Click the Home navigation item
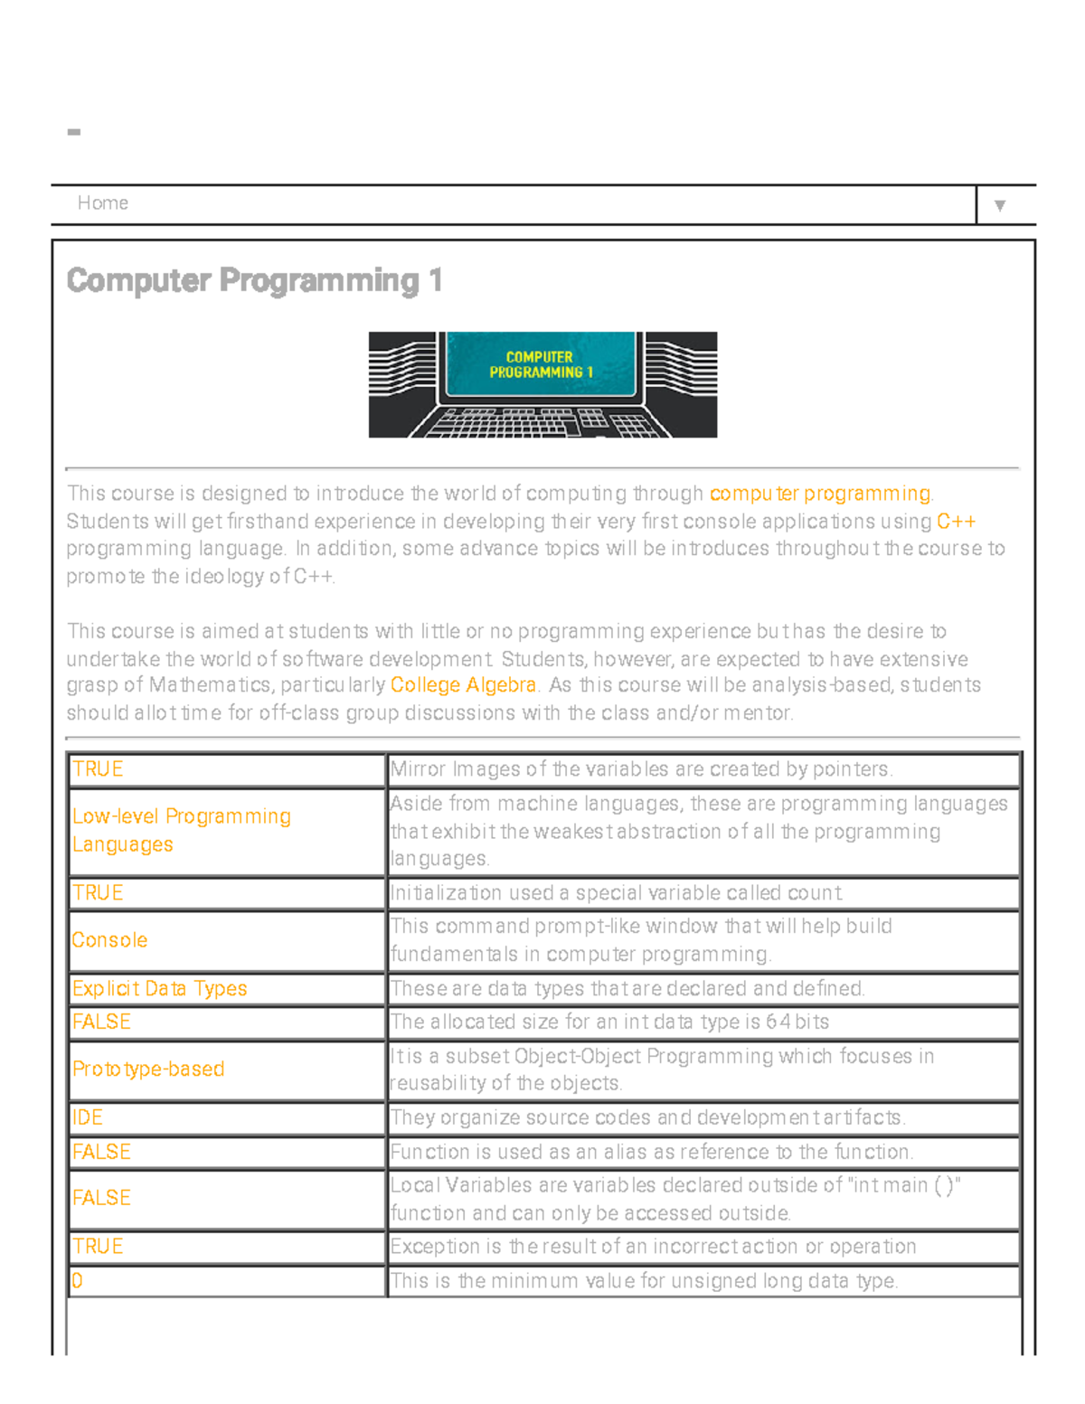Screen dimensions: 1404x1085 (102, 203)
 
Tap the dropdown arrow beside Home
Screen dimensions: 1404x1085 (999, 205)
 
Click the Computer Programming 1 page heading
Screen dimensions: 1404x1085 (254, 280)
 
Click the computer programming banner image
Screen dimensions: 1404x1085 (542, 384)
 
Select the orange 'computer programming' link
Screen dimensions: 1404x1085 (820, 494)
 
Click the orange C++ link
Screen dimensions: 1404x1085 (956, 522)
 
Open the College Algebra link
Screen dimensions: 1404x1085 (463, 685)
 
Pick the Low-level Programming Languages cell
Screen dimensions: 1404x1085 (181, 830)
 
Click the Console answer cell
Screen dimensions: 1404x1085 (109, 940)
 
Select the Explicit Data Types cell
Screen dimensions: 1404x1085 (159, 989)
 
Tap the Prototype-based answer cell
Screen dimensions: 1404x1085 (148, 1069)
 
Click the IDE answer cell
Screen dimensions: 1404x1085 (88, 1118)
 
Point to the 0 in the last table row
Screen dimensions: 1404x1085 (78, 1281)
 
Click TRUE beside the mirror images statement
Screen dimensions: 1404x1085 (98, 769)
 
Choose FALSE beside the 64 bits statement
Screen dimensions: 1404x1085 (101, 1022)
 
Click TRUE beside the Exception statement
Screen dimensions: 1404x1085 (98, 1247)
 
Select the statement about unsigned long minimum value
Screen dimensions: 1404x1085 (644, 1281)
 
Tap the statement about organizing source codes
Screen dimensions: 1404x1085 (647, 1118)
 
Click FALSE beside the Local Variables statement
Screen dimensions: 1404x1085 (101, 1199)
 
